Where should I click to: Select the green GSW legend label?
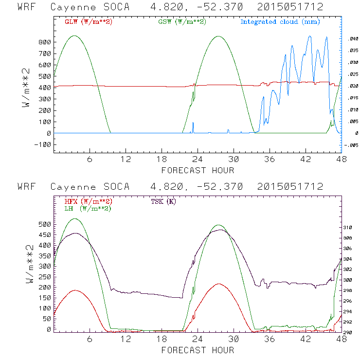pos(182,22)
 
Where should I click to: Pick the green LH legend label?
pos(88,208)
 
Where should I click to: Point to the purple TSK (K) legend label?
pos(163,201)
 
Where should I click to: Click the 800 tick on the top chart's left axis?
pos(45,42)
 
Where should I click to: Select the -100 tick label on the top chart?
pos(43,144)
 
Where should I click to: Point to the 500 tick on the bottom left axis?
pos(45,225)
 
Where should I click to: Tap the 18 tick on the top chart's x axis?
pos(162,160)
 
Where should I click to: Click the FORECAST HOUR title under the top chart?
pos(198,170)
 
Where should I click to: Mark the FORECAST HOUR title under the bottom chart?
pos(198,350)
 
